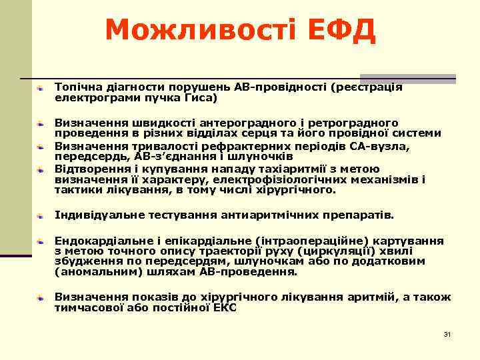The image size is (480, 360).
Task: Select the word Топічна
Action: (x=77, y=87)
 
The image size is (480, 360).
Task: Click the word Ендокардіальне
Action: (x=97, y=240)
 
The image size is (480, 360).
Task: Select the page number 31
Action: (x=447, y=333)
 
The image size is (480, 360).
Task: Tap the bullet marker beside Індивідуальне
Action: (x=41, y=216)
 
